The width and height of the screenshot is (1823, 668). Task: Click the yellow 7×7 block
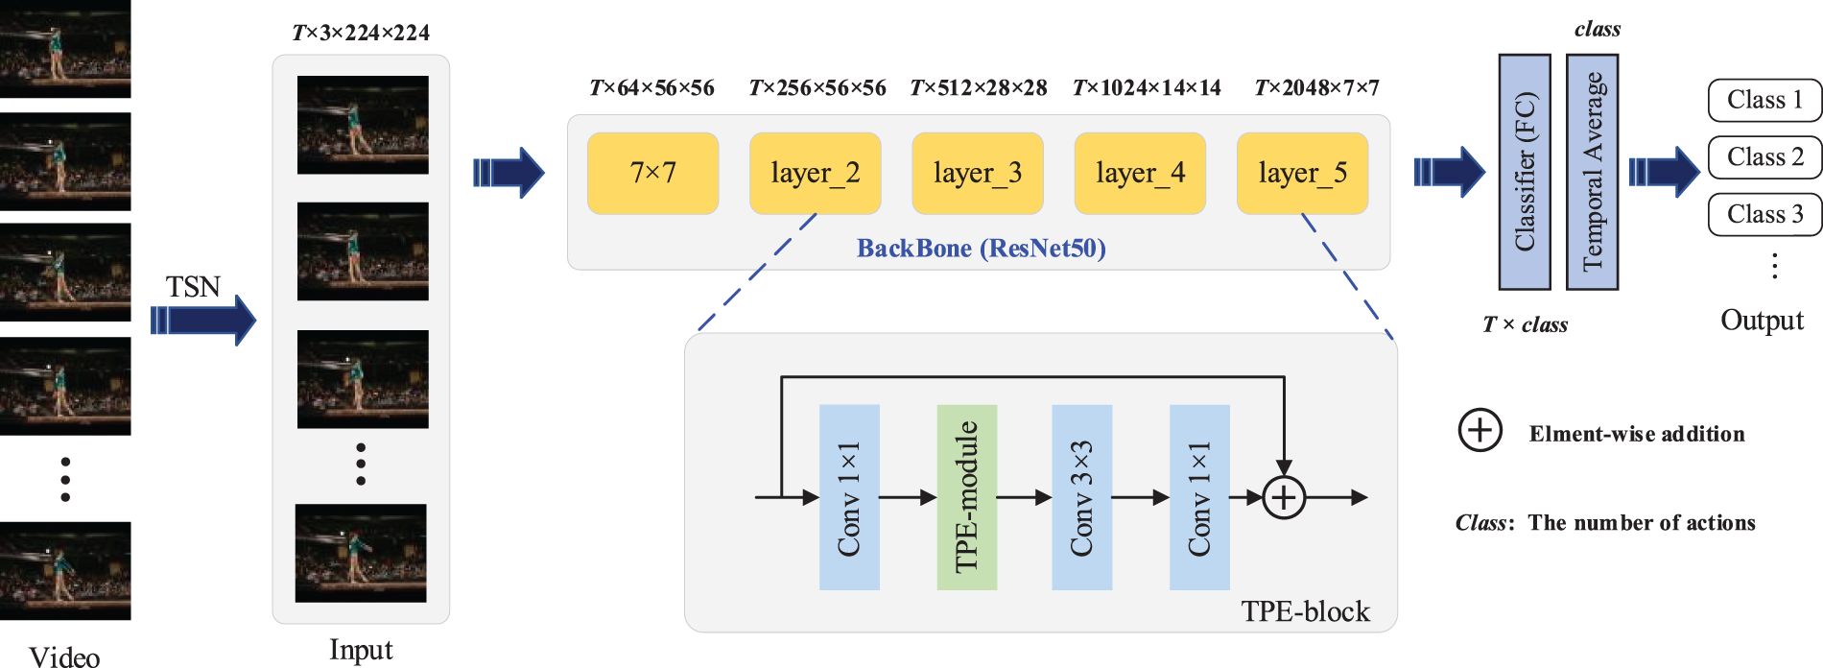click(652, 173)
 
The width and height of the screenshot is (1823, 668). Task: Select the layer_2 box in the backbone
click(815, 173)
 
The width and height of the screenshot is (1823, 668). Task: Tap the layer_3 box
click(977, 173)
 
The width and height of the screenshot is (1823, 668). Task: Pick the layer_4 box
click(1140, 173)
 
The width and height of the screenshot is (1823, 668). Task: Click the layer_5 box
click(1302, 173)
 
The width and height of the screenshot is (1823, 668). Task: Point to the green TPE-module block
click(966, 496)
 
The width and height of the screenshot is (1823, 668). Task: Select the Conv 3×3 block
click(1081, 496)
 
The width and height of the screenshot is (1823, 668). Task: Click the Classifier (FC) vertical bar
click(1525, 172)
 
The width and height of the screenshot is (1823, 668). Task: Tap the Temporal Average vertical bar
click(1592, 172)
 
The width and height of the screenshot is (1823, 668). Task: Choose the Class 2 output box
click(1764, 157)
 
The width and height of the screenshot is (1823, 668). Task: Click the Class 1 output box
click(1764, 100)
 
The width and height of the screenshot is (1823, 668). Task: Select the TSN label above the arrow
click(193, 287)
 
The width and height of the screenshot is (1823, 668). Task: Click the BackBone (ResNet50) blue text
click(981, 249)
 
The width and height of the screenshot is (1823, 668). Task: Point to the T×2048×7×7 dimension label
click(1316, 88)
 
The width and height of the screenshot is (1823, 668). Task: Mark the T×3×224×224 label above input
click(361, 33)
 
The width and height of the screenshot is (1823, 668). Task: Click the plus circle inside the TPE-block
click(1284, 497)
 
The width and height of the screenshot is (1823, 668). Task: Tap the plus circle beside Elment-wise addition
click(1480, 430)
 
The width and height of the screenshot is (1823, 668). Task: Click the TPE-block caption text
click(1305, 611)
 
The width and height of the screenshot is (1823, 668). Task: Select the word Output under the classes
click(1762, 320)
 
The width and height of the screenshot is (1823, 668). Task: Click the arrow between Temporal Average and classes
click(1663, 172)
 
